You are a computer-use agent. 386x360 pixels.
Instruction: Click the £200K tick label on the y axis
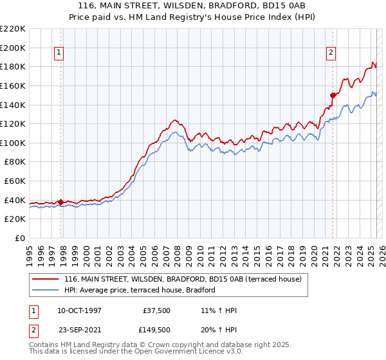(13, 48)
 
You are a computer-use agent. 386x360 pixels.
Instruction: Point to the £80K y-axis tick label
(15, 162)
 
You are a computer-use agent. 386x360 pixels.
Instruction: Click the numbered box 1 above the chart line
(59, 53)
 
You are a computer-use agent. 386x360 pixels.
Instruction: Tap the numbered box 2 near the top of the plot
(330, 53)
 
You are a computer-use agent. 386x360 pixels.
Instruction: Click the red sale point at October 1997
(61, 202)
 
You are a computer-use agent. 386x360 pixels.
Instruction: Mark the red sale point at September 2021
(333, 95)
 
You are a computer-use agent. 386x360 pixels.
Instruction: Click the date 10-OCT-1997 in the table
(79, 310)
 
